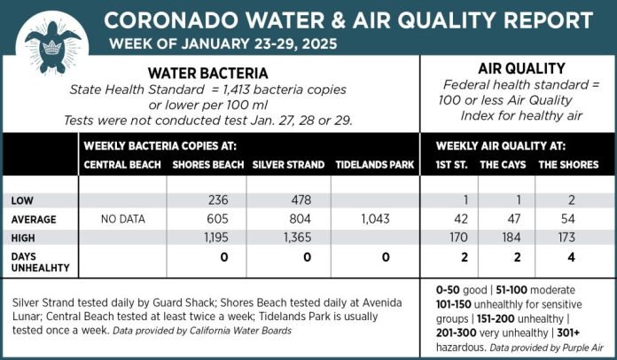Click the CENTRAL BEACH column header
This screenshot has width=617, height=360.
[122, 165]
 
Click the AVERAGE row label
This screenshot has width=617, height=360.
[34, 219]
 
